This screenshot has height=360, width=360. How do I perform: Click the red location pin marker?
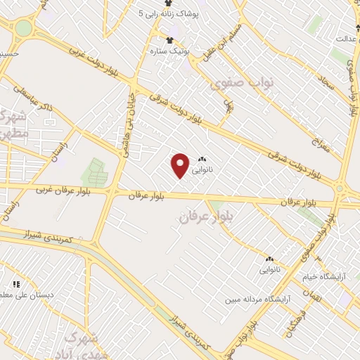click(181, 165)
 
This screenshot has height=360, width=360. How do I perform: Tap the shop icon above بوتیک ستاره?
click(169, 40)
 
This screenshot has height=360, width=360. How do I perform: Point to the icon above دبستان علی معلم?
click(14, 285)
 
